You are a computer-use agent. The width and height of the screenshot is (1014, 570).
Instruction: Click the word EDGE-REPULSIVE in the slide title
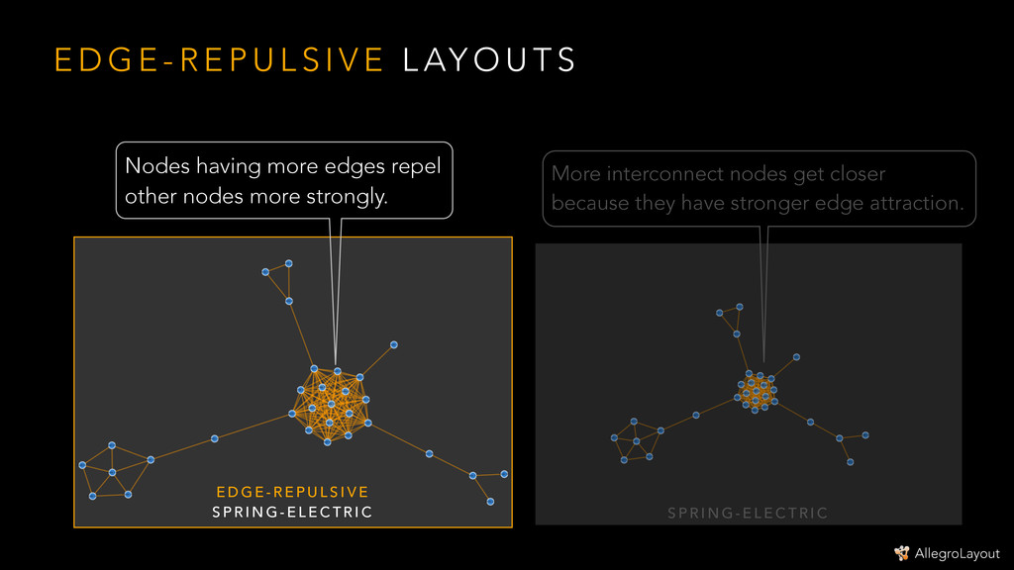point(218,61)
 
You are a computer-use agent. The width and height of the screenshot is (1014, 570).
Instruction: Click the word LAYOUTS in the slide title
point(489,61)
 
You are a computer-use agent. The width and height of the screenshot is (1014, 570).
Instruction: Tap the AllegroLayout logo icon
point(902,553)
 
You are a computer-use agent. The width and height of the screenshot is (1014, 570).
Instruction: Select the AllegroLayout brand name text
point(958,554)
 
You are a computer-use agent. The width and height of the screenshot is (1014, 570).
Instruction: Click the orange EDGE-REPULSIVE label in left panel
point(292,493)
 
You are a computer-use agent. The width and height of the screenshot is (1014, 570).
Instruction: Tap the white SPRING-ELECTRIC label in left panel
point(292,513)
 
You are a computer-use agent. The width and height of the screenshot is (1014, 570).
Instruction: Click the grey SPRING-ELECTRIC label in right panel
point(748,513)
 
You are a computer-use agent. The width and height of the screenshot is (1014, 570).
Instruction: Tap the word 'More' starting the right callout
point(575,175)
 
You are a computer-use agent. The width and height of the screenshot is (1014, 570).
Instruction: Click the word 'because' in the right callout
point(588,204)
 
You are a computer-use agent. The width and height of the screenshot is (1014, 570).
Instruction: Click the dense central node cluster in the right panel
point(757,392)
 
